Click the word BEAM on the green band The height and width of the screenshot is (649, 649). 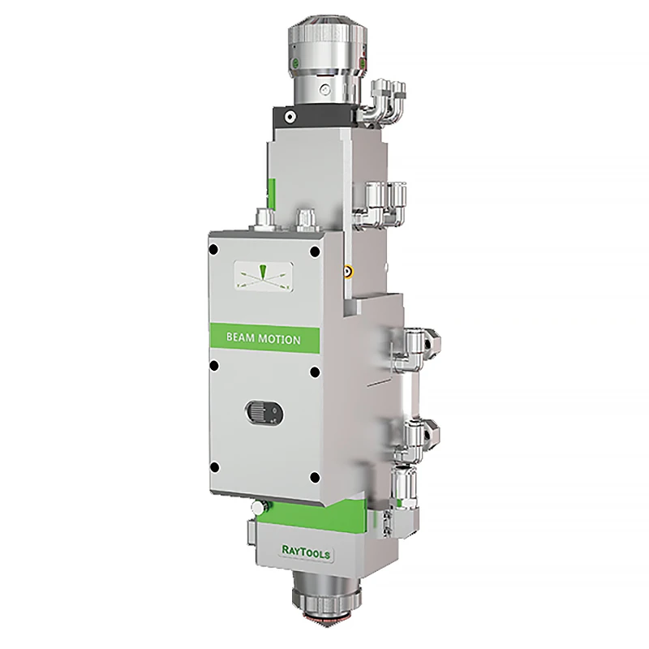click(240, 337)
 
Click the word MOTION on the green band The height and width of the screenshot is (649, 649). click(279, 339)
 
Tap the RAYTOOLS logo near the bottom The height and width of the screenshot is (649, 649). click(307, 552)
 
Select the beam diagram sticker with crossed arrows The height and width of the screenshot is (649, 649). click(264, 277)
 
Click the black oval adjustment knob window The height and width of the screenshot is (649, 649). click(264, 412)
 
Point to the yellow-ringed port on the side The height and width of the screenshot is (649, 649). click(348, 272)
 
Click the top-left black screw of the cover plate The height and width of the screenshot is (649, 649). click(213, 250)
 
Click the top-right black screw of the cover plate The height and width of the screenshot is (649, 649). click(315, 251)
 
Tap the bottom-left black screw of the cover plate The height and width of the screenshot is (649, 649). click(214, 468)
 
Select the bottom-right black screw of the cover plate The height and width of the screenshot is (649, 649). click(315, 478)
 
